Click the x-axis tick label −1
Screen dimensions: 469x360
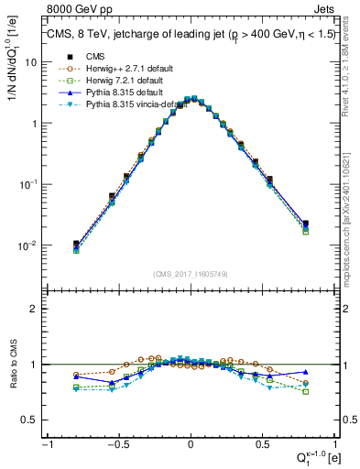click(x=47, y=444)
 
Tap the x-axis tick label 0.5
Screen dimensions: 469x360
click(x=262, y=444)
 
